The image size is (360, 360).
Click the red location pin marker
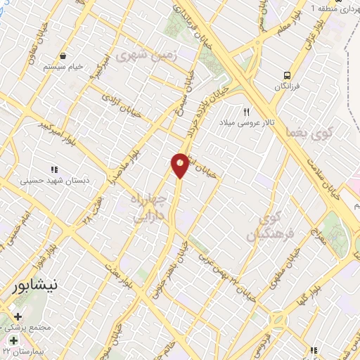click(x=181, y=165)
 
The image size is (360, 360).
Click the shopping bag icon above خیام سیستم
click(x=64, y=56)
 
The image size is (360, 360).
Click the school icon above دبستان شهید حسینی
click(x=54, y=169)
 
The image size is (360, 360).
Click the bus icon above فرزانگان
click(x=286, y=75)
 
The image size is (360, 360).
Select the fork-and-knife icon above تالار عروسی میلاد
click(x=246, y=112)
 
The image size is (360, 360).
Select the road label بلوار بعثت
click(x=117, y=275)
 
